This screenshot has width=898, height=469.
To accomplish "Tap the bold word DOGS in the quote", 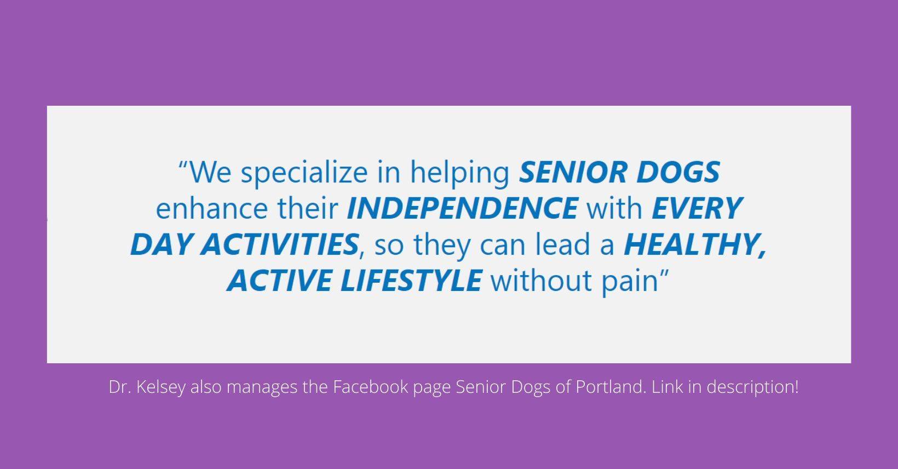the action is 678,172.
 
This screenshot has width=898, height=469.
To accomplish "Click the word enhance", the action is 212,209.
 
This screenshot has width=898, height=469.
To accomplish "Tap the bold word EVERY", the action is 698,208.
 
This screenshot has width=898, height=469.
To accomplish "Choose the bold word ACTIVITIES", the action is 280,244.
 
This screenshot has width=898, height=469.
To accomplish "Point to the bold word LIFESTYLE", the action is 411,281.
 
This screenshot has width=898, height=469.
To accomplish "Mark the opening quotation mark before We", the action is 183,165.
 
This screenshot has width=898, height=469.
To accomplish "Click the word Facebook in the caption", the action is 371,387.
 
